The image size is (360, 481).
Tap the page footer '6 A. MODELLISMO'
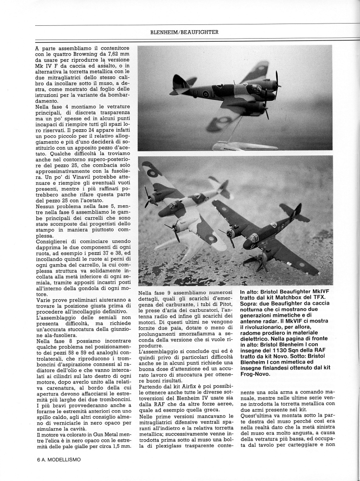pyautogui.click(x=59, y=460)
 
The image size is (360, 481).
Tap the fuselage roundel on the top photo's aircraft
pyautogui.click(x=206, y=94)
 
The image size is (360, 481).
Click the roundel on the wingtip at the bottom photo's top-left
pyautogui.click(x=152, y=172)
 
